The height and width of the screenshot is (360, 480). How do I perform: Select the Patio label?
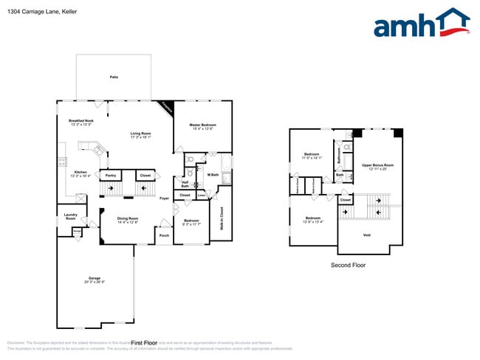click(x=114, y=77)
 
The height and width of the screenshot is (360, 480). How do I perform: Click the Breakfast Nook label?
click(x=81, y=120)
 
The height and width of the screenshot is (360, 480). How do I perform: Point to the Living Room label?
click(x=140, y=134)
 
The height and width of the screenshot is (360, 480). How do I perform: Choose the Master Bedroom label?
click(x=202, y=125)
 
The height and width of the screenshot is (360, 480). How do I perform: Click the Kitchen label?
click(x=80, y=172)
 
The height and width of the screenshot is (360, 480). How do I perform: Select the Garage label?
click(x=95, y=277)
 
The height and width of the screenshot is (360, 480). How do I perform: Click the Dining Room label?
click(x=128, y=218)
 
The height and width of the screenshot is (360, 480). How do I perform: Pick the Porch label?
click(x=164, y=235)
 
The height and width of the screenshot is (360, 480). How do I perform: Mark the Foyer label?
click(x=164, y=198)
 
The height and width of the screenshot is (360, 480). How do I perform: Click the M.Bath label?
click(x=213, y=175)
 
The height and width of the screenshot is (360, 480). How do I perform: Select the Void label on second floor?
click(x=367, y=235)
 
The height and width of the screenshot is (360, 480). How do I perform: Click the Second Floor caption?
click(x=348, y=265)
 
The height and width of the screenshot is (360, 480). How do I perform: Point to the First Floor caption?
click(x=145, y=343)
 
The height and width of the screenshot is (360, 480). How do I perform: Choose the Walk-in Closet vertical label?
click(x=222, y=220)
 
